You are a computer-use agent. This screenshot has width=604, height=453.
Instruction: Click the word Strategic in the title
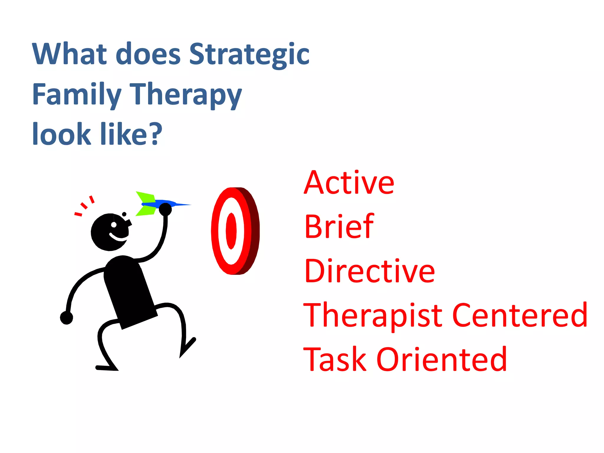click(249, 55)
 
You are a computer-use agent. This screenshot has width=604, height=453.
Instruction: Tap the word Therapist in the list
click(373, 316)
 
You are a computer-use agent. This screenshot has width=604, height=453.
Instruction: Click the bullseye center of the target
click(231, 231)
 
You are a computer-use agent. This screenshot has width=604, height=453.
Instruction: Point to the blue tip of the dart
click(183, 204)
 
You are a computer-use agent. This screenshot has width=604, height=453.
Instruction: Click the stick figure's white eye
click(114, 225)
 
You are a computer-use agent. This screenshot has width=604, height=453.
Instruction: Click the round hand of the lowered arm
click(66, 318)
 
